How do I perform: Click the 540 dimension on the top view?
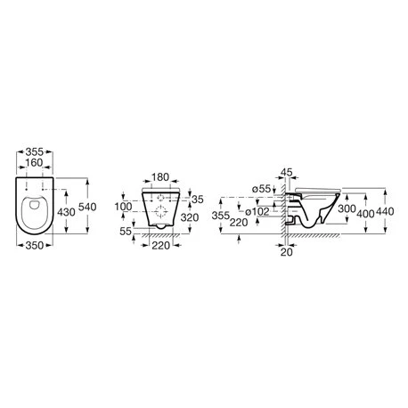click(87, 207)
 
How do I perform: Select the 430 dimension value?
click(66, 212)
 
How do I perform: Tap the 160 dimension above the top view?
click(34, 163)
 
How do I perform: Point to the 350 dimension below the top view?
click(35, 246)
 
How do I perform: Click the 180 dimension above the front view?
click(160, 177)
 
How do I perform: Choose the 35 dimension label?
click(198, 200)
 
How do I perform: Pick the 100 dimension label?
click(123, 207)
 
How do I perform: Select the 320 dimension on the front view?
click(190, 217)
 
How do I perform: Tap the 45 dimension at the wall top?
click(287, 172)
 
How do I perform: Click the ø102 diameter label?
click(257, 212)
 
